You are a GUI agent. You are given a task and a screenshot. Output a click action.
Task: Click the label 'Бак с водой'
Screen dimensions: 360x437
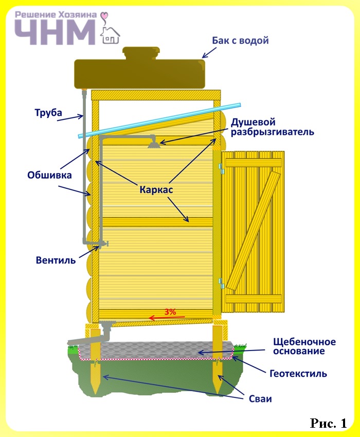point(240,41)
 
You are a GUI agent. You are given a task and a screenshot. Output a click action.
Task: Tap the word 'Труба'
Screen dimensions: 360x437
point(48,113)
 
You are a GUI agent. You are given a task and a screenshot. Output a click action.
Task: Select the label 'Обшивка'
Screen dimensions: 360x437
point(49,175)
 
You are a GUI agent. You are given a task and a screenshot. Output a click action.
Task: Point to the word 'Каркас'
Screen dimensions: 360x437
point(156,190)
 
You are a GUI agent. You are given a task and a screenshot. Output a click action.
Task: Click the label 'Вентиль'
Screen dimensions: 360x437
point(56,260)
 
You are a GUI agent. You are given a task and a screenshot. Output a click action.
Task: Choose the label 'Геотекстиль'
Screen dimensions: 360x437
point(298,374)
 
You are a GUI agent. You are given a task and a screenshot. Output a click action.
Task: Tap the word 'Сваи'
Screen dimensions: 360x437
point(260,399)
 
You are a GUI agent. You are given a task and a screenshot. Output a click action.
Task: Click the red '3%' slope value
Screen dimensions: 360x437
point(170,311)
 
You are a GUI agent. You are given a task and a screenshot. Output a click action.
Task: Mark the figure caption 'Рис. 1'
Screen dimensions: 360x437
point(329,423)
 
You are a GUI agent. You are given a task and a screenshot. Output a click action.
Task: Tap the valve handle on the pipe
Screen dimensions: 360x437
point(105,243)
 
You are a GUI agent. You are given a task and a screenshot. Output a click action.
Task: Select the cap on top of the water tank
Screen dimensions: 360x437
point(141,53)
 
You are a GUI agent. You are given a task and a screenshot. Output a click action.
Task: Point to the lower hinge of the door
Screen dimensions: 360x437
point(221,283)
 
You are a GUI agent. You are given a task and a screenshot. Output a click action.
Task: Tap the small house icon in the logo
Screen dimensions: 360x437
point(110,36)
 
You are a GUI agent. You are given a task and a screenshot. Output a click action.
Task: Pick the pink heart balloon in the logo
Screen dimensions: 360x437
point(105,15)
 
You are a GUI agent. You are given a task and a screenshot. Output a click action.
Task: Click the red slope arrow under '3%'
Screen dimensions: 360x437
point(167,318)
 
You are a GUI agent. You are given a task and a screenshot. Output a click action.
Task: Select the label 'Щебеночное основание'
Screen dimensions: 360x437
point(304,346)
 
